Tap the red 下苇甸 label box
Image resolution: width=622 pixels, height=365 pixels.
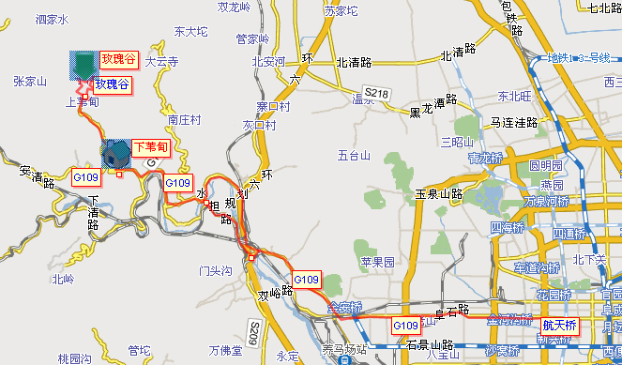coord(149,146)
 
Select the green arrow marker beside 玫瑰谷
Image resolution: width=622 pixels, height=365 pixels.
coord(84,85)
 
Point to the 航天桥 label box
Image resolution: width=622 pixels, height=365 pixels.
coord(559,325)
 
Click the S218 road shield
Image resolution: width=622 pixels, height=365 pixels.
coord(377,93)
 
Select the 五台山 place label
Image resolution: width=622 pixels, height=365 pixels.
coord(355,155)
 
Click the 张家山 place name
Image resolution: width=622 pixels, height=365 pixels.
coord(30,82)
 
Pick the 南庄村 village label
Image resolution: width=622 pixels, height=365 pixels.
coord(184,121)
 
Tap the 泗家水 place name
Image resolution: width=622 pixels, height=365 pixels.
coord(53,19)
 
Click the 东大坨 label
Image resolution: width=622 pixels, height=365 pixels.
coord(190,32)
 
